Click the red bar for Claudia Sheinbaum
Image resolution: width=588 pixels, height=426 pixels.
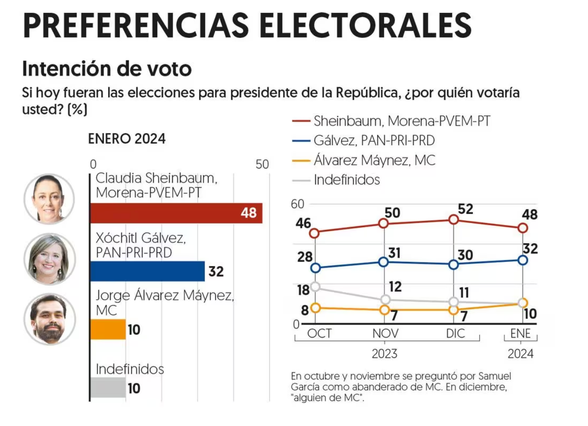pyautogui.click(x=176, y=213)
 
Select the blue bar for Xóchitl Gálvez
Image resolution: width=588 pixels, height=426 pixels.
pyautogui.click(x=147, y=271)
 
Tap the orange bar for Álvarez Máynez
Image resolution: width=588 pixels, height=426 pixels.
pyautogui.click(x=108, y=329)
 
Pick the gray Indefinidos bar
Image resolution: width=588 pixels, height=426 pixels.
pyautogui.click(x=108, y=388)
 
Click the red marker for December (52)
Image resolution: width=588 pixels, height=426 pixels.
pyautogui.click(x=453, y=220)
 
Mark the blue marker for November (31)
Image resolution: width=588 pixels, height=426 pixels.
pyautogui.click(x=384, y=262)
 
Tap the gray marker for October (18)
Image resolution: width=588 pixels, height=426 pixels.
pyautogui.click(x=315, y=287)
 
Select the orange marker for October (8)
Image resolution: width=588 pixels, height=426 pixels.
pyautogui.click(x=315, y=308)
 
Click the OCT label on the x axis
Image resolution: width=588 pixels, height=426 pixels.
pyautogui.click(x=319, y=333)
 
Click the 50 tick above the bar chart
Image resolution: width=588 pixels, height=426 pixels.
pyautogui.click(x=262, y=165)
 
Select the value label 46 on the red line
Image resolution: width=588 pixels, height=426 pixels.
pyautogui.click(x=303, y=224)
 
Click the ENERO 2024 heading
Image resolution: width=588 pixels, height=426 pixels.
pyautogui.click(x=126, y=139)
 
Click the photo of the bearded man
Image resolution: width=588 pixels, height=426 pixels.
pyautogui.click(x=49, y=319)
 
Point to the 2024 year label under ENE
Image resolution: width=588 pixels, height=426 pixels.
pyautogui.click(x=520, y=354)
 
